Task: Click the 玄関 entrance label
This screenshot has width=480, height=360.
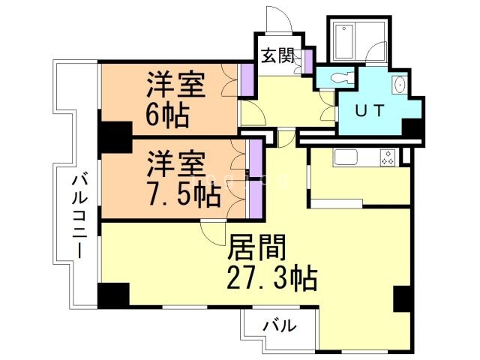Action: [277, 55]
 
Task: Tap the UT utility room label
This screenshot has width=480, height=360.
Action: [370, 111]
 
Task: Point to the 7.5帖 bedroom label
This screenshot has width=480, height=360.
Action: [183, 179]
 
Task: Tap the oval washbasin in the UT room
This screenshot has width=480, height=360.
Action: [399, 85]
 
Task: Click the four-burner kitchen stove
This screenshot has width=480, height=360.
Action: [388, 157]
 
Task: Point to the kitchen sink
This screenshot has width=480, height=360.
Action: [346, 157]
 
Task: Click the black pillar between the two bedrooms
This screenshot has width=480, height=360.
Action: [115, 136]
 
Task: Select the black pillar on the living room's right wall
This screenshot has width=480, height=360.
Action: [403, 298]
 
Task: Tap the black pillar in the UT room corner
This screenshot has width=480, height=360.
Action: [412, 128]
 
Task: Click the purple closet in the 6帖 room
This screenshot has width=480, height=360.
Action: [245, 79]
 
